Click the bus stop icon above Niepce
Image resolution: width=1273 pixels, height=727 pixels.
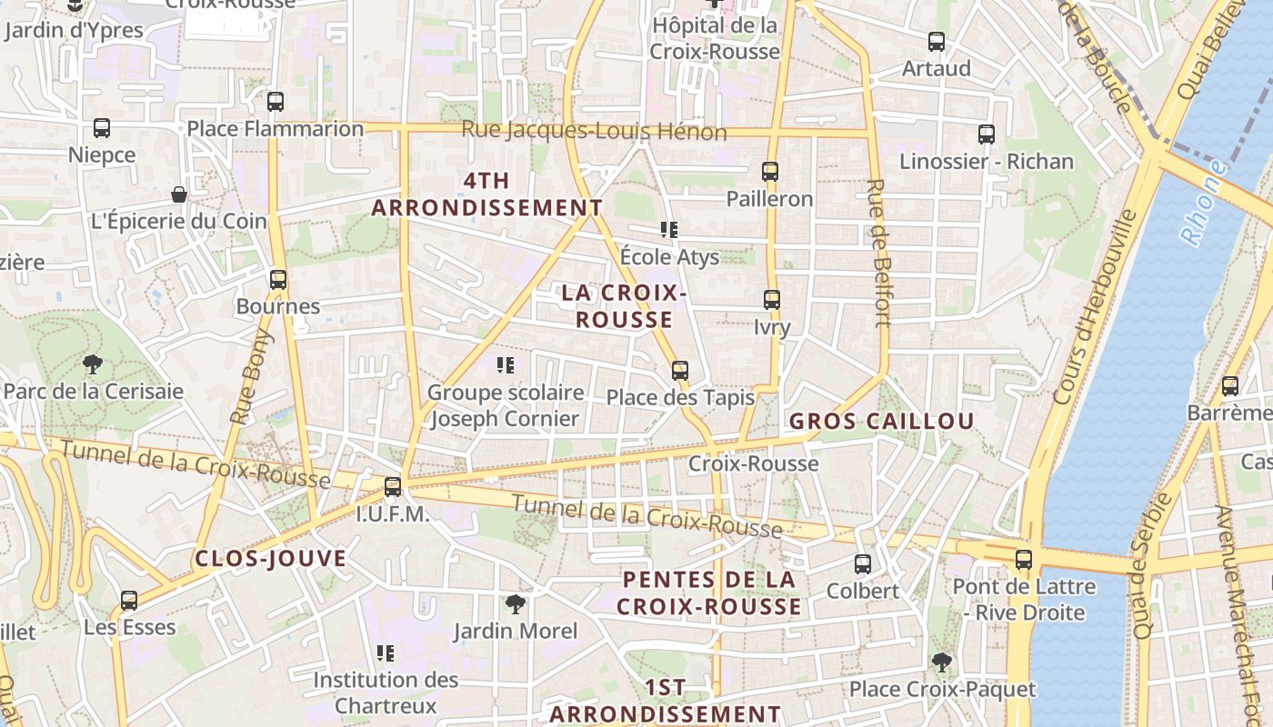102,128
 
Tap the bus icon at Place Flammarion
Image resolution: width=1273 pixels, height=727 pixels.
276,102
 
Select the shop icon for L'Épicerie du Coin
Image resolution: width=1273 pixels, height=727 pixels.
179,194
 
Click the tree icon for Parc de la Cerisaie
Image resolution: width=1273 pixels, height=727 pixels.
92,365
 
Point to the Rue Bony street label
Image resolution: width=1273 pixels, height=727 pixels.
251,378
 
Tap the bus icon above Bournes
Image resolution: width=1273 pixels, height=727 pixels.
278,280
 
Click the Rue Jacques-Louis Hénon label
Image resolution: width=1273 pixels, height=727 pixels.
594,131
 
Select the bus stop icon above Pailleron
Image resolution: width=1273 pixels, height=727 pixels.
770,171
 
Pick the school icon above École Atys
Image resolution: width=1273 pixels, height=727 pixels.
669,230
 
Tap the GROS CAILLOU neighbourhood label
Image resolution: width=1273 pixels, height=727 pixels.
881,422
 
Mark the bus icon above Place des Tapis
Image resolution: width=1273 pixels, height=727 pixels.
680,371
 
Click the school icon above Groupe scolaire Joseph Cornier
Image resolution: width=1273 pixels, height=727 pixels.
506,365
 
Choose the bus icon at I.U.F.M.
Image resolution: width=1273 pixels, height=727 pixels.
393,487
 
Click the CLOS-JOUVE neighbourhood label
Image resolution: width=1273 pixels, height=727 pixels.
271,559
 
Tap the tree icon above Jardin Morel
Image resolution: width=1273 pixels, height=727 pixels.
516,604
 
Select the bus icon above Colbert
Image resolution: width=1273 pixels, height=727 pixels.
863,564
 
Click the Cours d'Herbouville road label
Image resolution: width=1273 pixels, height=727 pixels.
1095,307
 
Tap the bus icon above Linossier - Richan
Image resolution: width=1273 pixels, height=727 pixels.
987,134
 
